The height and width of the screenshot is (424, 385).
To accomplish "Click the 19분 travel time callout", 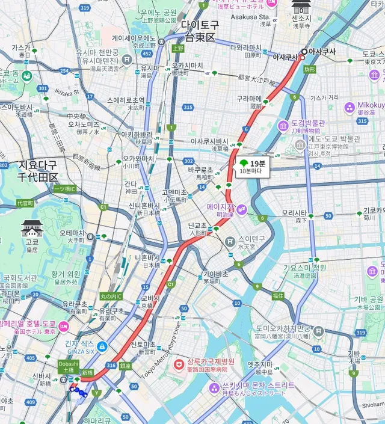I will pyautogui.click(x=251, y=167).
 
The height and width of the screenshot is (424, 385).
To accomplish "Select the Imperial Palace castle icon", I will pyautogui.click(x=31, y=229).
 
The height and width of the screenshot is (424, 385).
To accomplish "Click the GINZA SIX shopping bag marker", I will pyautogui.click(x=102, y=346).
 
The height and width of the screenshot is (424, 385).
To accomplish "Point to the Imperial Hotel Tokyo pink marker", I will pyautogui.click(x=63, y=327).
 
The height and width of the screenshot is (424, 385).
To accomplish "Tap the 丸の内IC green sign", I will pyautogui.click(x=111, y=295).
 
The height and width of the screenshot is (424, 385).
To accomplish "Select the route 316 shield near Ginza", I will pyautogui.click(x=111, y=365).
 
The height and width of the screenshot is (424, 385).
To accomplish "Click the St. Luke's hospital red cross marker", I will pyautogui.click(x=179, y=365).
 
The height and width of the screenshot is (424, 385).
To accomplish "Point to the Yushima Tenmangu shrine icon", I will pyautogui.click(x=127, y=59).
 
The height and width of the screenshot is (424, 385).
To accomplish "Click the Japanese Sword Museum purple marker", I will pyautogui.click(x=283, y=126).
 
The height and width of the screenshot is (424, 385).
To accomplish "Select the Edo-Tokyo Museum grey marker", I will pyautogui.click(x=300, y=145).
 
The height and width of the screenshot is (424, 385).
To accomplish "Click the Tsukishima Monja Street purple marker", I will pyautogui.click(x=214, y=389).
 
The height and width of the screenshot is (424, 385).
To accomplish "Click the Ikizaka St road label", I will pyautogui.click(x=66, y=92).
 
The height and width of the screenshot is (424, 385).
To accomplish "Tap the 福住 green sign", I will pyautogui.click(x=277, y=295).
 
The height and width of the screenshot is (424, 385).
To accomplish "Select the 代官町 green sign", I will pyautogui.click(x=24, y=204).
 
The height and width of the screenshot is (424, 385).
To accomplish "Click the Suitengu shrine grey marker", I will pyautogui.click(x=229, y=242).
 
